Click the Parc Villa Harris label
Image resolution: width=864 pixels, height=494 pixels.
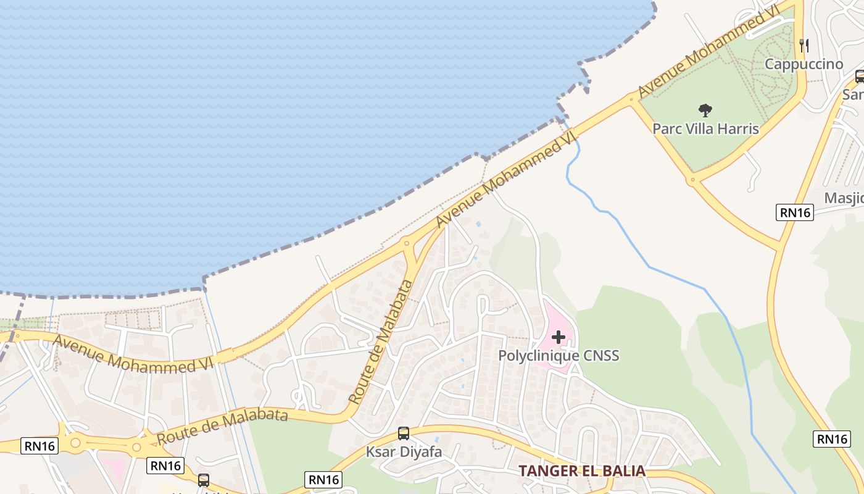click(x=705, y=129)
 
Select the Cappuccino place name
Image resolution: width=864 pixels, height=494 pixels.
click(x=804, y=64)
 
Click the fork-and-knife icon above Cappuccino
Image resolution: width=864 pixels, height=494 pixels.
click(x=804, y=45)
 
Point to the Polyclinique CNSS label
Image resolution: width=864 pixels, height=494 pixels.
click(x=559, y=356)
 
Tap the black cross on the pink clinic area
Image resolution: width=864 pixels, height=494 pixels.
click(x=559, y=337)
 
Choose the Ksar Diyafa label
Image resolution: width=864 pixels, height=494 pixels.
click(x=404, y=452)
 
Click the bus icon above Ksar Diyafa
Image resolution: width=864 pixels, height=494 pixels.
click(x=404, y=433)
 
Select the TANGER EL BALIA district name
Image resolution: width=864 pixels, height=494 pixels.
click(x=581, y=471)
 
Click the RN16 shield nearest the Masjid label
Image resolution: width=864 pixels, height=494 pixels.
click(x=795, y=212)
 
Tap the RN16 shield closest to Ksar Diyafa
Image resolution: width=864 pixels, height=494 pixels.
click(x=323, y=479)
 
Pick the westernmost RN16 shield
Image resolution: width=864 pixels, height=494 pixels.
click(x=39, y=445)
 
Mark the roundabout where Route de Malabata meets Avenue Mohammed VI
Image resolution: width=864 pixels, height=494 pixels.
click(x=407, y=243)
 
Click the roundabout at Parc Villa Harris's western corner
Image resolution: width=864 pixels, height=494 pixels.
click(x=631, y=98)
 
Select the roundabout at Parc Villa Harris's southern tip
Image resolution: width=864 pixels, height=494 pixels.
click(x=692, y=181)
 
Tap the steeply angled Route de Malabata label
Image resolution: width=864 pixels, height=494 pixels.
click(x=381, y=342)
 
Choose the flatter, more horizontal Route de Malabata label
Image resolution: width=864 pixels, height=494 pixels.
click(x=222, y=427)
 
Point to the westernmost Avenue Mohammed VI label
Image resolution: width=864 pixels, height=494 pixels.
click(x=133, y=354)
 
